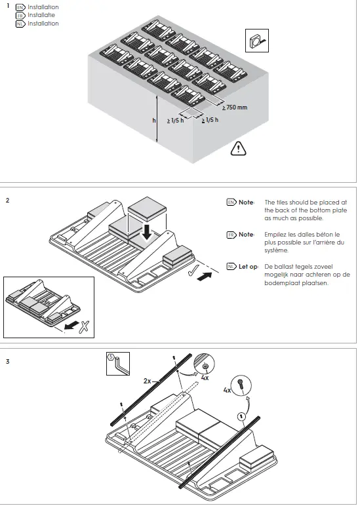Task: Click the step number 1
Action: pyautogui.click(x=7, y=7)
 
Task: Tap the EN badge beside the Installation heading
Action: pyautogui.click(x=20, y=7)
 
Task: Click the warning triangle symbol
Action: pyautogui.click(x=237, y=149)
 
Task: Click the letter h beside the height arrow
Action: pyautogui.click(x=153, y=121)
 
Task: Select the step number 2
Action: pyautogui.click(x=7, y=200)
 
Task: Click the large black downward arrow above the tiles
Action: pyautogui.click(x=149, y=231)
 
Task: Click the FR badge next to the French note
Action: pyautogui.click(x=230, y=234)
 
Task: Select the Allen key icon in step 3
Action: pyautogui.click(x=117, y=364)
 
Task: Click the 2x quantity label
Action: pyautogui.click(x=148, y=380)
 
